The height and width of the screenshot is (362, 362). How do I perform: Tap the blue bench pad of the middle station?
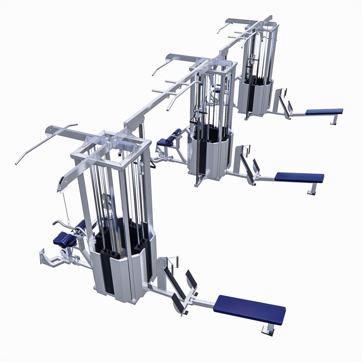[x=299, y=177]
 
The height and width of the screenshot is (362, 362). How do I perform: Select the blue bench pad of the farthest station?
[x=324, y=111]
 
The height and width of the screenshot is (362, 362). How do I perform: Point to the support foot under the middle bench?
[x=311, y=190]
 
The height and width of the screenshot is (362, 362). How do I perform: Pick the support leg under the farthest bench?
[x=334, y=119]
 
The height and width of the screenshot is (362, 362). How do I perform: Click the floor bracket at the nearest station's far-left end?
[x=45, y=258]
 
